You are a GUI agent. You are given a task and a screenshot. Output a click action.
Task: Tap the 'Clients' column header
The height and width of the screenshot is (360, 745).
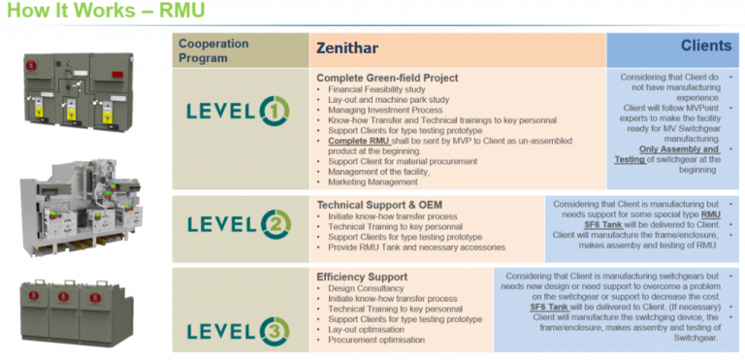click(x=706, y=46)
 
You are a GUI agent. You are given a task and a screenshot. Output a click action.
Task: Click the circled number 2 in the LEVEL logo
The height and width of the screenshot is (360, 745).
click(x=275, y=225)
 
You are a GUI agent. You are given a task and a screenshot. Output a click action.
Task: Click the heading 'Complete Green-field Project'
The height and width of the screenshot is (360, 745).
click(x=387, y=77)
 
